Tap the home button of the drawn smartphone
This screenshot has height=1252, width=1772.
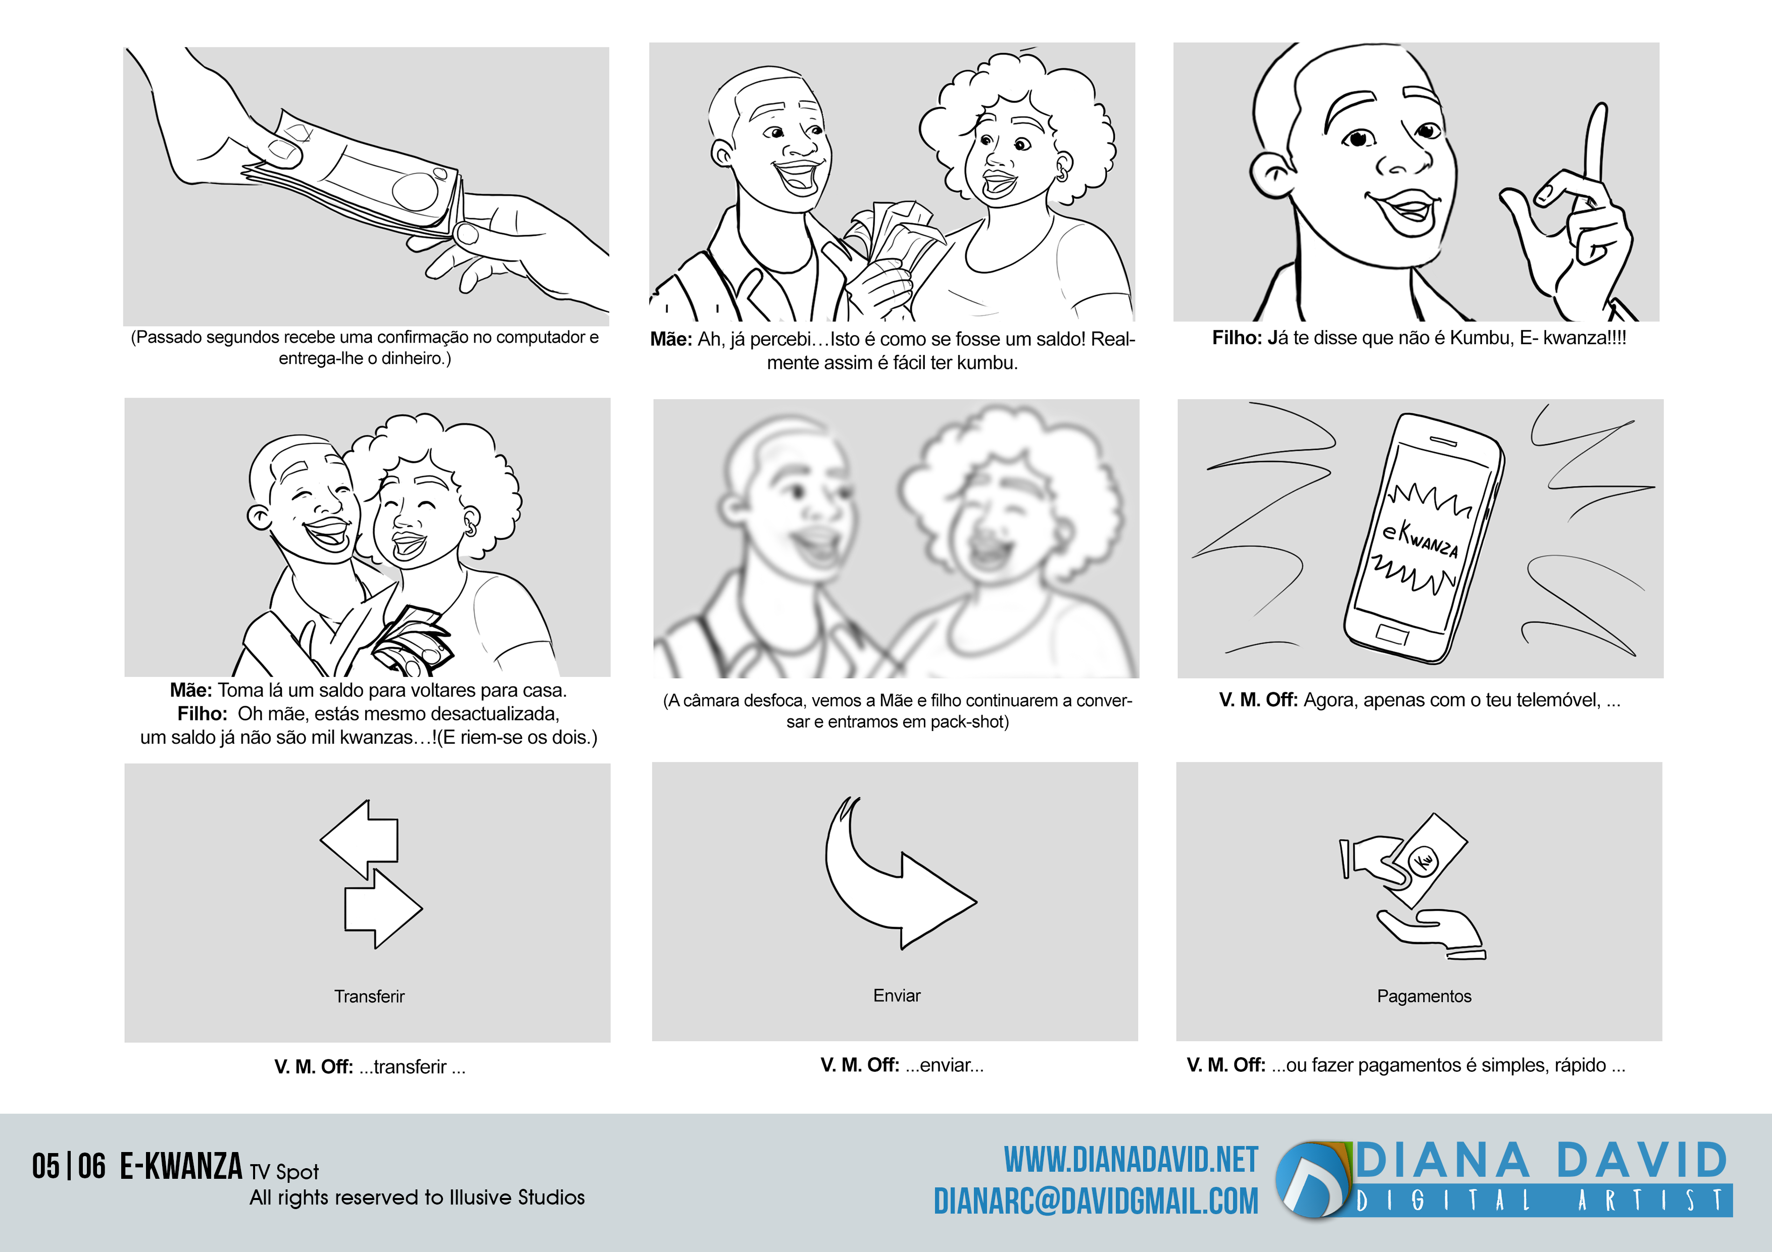pos(1392,636)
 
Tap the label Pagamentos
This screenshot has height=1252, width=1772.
pos(1424,996)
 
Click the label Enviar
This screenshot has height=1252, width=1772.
pos(897,995)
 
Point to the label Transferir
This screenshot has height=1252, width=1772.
pos(369,996)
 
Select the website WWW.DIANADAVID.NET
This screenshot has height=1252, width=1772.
pos(1130,1160)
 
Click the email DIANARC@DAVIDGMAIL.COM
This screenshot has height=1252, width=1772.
pos(1096,1201)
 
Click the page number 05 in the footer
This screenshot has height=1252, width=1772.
pos(45,1166)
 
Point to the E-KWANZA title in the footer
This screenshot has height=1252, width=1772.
pos(181,1166)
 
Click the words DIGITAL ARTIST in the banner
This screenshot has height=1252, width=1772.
pos(1541,1201)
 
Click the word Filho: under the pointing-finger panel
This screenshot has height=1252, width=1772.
pos(1237,338)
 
